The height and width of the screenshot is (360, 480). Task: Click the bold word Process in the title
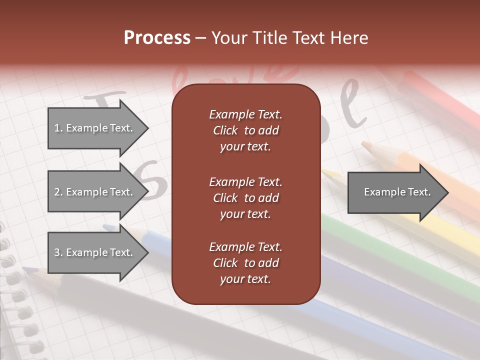point(157,38)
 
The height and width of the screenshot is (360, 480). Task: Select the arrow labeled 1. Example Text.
point(95,128)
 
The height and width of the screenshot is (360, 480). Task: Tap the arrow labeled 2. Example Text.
point(95,192)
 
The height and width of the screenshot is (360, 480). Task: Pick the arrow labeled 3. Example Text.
point(95,252)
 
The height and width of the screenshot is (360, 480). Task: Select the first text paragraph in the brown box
point(245,130)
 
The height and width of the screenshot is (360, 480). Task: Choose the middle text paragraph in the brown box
point(245,198)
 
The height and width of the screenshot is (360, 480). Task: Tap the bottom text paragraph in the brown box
point(245,263)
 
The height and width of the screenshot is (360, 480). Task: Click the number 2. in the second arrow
point(58,192)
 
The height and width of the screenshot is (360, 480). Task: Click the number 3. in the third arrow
point(58,252)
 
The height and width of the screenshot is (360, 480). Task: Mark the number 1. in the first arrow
point(58,128)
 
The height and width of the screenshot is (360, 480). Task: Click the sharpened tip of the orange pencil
point(364,144)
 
